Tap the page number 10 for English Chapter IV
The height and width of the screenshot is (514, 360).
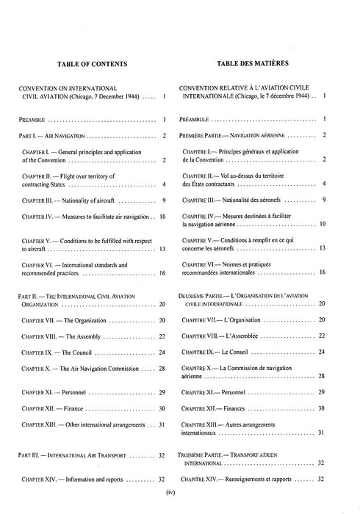pos(163,217)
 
